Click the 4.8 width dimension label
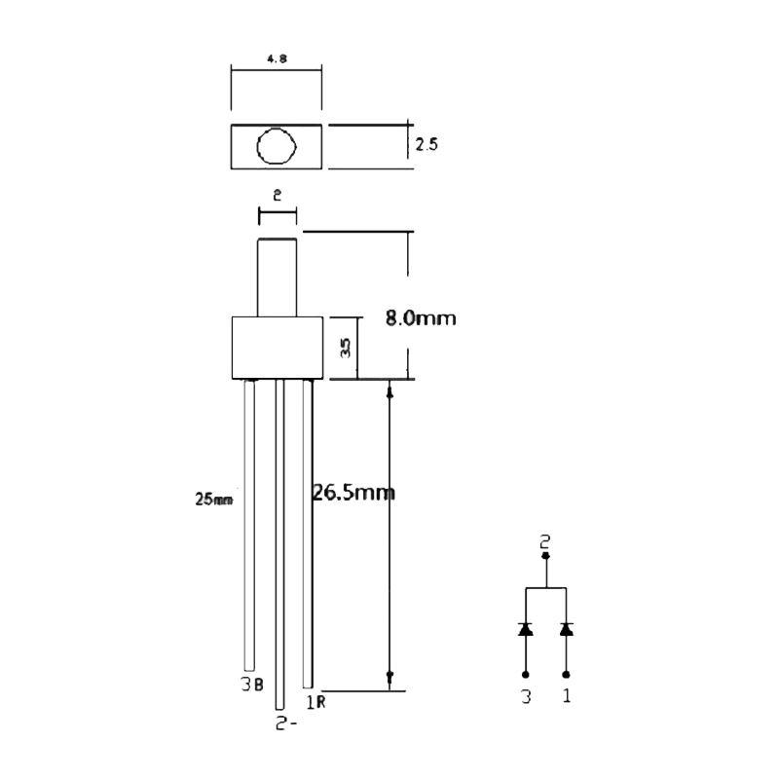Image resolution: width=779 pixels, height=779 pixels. [x=276, y=58]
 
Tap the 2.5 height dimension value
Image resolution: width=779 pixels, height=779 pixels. [x=427, y=145]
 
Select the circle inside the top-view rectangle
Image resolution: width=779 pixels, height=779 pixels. [x=276, y=147]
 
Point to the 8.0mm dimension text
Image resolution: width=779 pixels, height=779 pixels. [x=421, y=318]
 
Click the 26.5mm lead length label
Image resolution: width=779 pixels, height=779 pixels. [x=353, y=492]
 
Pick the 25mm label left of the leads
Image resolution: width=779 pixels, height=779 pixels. [x=214, y=500]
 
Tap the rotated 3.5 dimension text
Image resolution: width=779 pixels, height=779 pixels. [x=345, y=348]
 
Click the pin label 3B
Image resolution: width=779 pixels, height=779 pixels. [x=251, y=684]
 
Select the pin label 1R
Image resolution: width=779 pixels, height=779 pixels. [x=315, y=700]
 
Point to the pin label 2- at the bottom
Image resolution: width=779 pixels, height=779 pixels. [x=283, y=724]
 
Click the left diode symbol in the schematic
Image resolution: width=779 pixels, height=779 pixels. [x=526, y=629]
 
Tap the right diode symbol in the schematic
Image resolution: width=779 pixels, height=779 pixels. [x=566, y=629]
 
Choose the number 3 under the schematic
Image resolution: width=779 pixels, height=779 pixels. [x=526, y=697]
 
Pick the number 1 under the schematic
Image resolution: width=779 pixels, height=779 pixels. [x=566, y=697]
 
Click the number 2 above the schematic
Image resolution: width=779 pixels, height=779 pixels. [x=545, y=540]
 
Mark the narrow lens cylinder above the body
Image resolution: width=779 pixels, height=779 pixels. [x=277, y=278]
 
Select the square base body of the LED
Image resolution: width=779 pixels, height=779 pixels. [x=277, y=348]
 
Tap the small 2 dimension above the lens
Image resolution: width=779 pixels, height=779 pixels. [x=277, y=195]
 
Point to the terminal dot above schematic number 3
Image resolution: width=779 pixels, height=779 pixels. [x=526, y=674]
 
